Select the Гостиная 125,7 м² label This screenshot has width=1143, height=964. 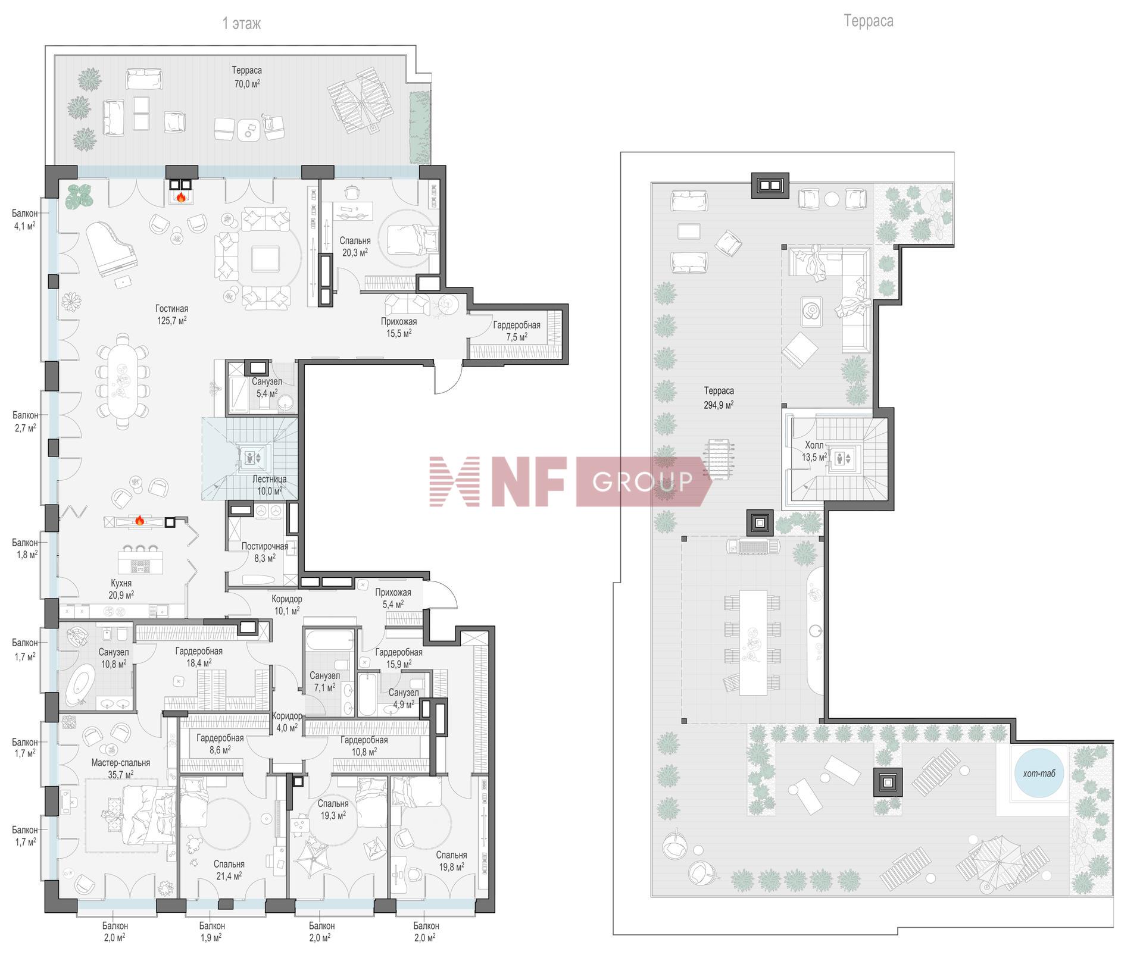click(171, 314)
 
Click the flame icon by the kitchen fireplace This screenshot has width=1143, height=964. click(139, 520)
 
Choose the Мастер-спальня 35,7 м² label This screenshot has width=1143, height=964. click(120, 768)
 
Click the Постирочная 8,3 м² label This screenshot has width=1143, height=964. click(264, 552)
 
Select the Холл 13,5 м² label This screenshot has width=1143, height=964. click(814, 451)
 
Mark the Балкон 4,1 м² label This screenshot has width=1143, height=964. click(24, 220)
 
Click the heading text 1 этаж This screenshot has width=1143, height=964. click(241, 23)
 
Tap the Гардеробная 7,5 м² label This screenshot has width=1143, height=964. click(517, 331)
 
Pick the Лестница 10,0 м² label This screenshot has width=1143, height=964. click(270, 485)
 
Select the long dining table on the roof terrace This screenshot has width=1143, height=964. click(753, 642)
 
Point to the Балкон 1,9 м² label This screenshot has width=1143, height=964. click(212, 931)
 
